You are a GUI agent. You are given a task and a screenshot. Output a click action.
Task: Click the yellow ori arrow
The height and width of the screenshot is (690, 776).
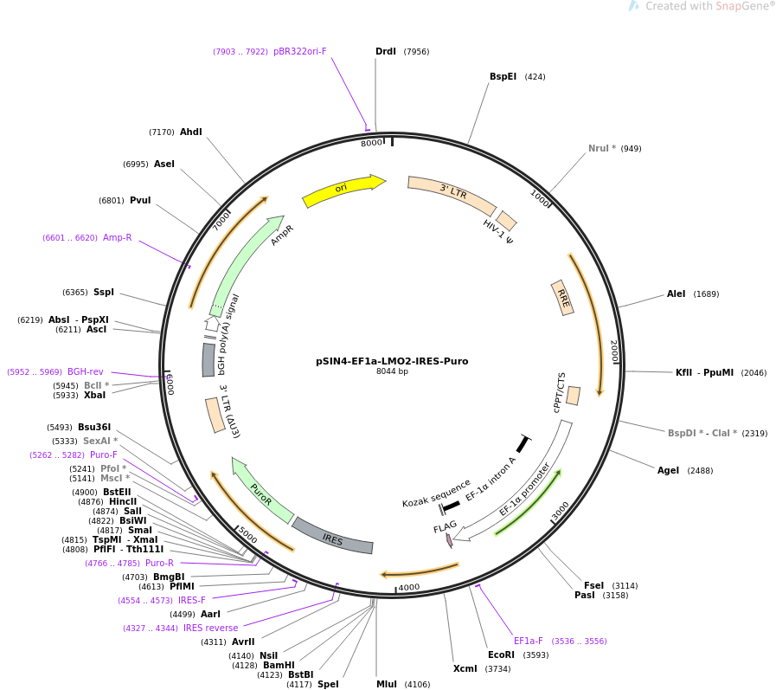pyautogui.click(x=342, y=190)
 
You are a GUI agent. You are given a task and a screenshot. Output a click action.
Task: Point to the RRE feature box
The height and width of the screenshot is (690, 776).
pyautogui.click(x=562, y=298)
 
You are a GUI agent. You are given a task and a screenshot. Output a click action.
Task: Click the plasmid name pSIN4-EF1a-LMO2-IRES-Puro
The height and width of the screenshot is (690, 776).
pyautogui.click(x=392, y=361)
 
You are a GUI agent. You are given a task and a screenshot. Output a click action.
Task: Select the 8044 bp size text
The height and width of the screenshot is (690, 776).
pyautogui.click(x=392, y=371)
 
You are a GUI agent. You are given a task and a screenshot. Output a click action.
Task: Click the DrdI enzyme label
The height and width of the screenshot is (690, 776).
pyautogui.click(x=386, y=52)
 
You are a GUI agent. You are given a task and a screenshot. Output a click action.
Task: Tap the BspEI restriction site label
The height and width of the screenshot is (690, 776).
pyautogui.click(x=503, y=77)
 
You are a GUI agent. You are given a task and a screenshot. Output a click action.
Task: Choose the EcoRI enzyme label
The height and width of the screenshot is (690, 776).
pyautogui.click(x=501, y=655)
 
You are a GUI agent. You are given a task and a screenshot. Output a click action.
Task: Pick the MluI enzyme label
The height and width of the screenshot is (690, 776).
pyautogui.click(x=387, y=684)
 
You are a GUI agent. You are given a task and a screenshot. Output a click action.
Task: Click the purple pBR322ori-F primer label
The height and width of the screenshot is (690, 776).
pyautogui.click(x=300, y=52)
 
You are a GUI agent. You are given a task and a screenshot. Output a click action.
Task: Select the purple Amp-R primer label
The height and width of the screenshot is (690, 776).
pyautogui.click(x=118, y=238)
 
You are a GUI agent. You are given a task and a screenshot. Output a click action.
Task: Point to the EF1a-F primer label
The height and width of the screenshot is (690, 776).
pyautogui.click(x=528, y=641)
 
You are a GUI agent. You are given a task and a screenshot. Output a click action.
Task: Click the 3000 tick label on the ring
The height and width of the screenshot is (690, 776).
pyautogui.click(x=561, y=511)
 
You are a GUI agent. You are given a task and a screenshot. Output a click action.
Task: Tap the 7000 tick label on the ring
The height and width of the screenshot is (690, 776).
pyautogui.click(x=221, y=221)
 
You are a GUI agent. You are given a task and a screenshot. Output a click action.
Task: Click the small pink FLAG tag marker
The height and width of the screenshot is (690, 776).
pyautogui.click(x=449, y=540)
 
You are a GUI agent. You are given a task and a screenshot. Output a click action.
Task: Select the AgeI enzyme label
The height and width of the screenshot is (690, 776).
pyautogui.click(x=668, y=471)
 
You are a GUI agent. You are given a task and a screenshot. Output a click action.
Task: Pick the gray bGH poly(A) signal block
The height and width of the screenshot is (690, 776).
pyautogui.click(x=208, y=360)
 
